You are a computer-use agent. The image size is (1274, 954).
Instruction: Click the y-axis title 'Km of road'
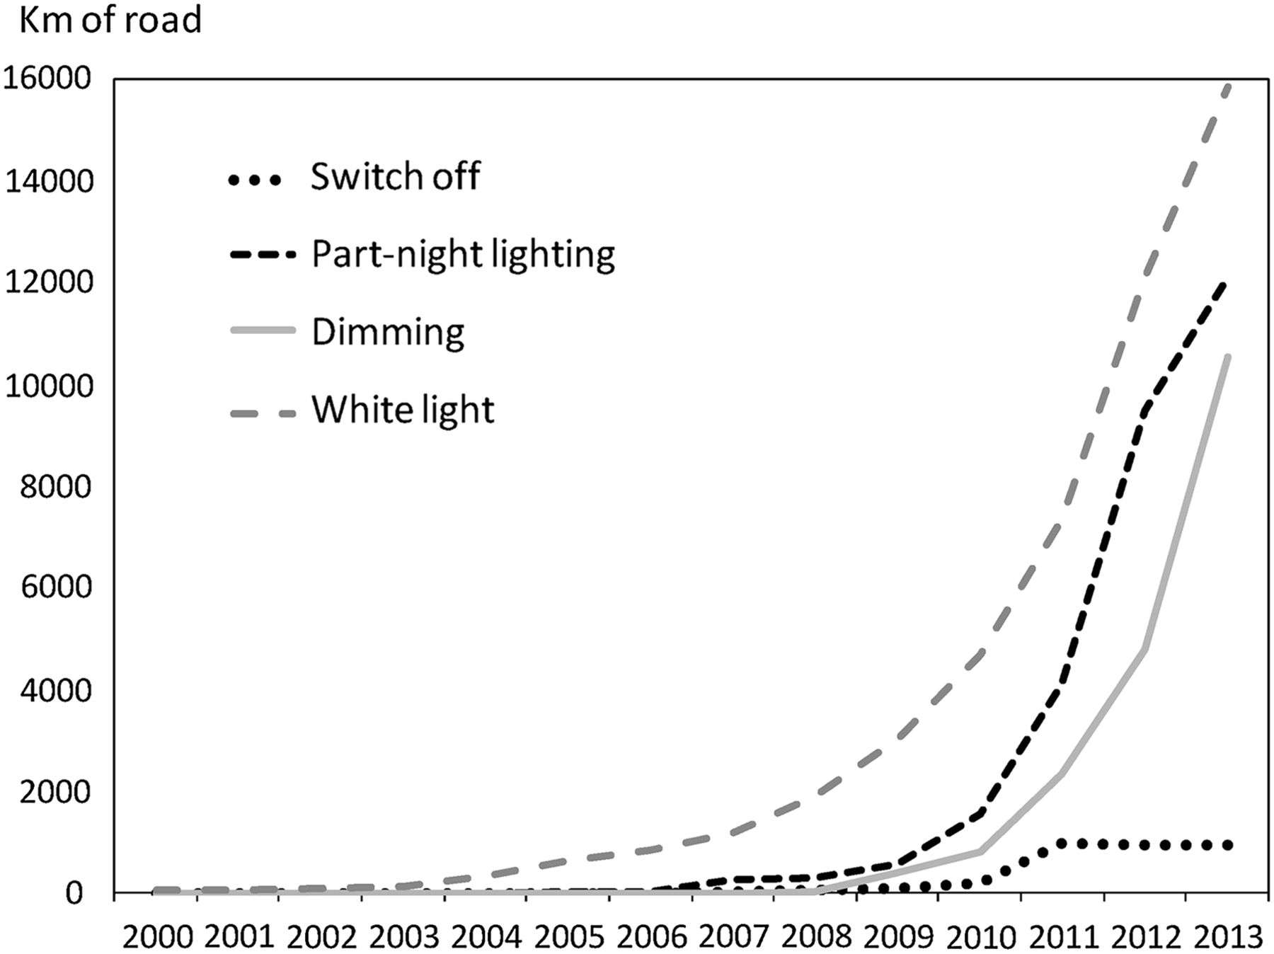110,20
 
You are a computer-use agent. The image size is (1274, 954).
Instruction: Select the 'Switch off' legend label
395,176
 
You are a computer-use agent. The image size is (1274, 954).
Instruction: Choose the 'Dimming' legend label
388,332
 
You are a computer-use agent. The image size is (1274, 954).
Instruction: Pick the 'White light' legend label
403,410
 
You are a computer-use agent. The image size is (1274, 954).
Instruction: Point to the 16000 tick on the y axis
48,79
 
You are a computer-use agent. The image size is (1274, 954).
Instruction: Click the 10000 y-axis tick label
48,386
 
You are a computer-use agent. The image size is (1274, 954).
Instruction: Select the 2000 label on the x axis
158,938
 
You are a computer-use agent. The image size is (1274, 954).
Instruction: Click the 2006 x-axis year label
652,938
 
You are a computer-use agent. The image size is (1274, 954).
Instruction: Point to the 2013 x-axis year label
1228,938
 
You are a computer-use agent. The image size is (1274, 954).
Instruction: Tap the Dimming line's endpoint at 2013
1228,357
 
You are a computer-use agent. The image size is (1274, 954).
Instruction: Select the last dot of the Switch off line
1227,845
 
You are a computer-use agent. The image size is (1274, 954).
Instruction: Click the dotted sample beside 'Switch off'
255,180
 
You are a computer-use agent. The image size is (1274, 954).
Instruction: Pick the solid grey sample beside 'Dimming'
262,330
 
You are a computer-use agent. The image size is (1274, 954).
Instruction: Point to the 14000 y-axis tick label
48,182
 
